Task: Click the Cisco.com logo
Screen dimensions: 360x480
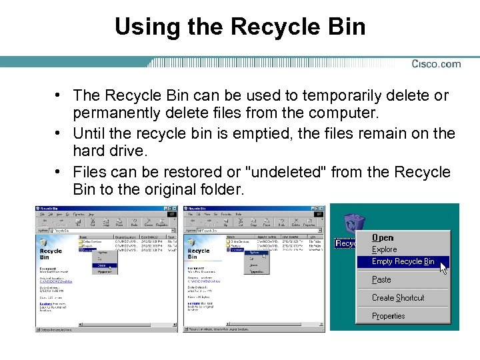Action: pyautogui.click(x=436, y=64)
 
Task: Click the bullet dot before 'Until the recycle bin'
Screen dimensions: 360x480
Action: pyautogui.click(x=59, y=133)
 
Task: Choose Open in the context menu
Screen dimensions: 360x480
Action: pyautogui.click(x=383, y=238)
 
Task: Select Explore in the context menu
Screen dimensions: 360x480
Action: pyautogui.click(x=384, y=249)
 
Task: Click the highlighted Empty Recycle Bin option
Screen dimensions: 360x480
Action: pyautogui.click(x=403, y=261)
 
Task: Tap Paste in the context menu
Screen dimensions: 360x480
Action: pyautogui.click(x=381, y=279)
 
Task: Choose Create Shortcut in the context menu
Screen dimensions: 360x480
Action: pyautogui.click(x=398, y=297)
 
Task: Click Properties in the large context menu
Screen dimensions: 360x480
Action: pyautogui.click(x=388, y=316)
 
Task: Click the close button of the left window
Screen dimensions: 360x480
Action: pyautogui.click(x=175, y=209)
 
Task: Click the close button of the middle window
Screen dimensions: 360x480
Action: pyautogui.click(x=323, y=209)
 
